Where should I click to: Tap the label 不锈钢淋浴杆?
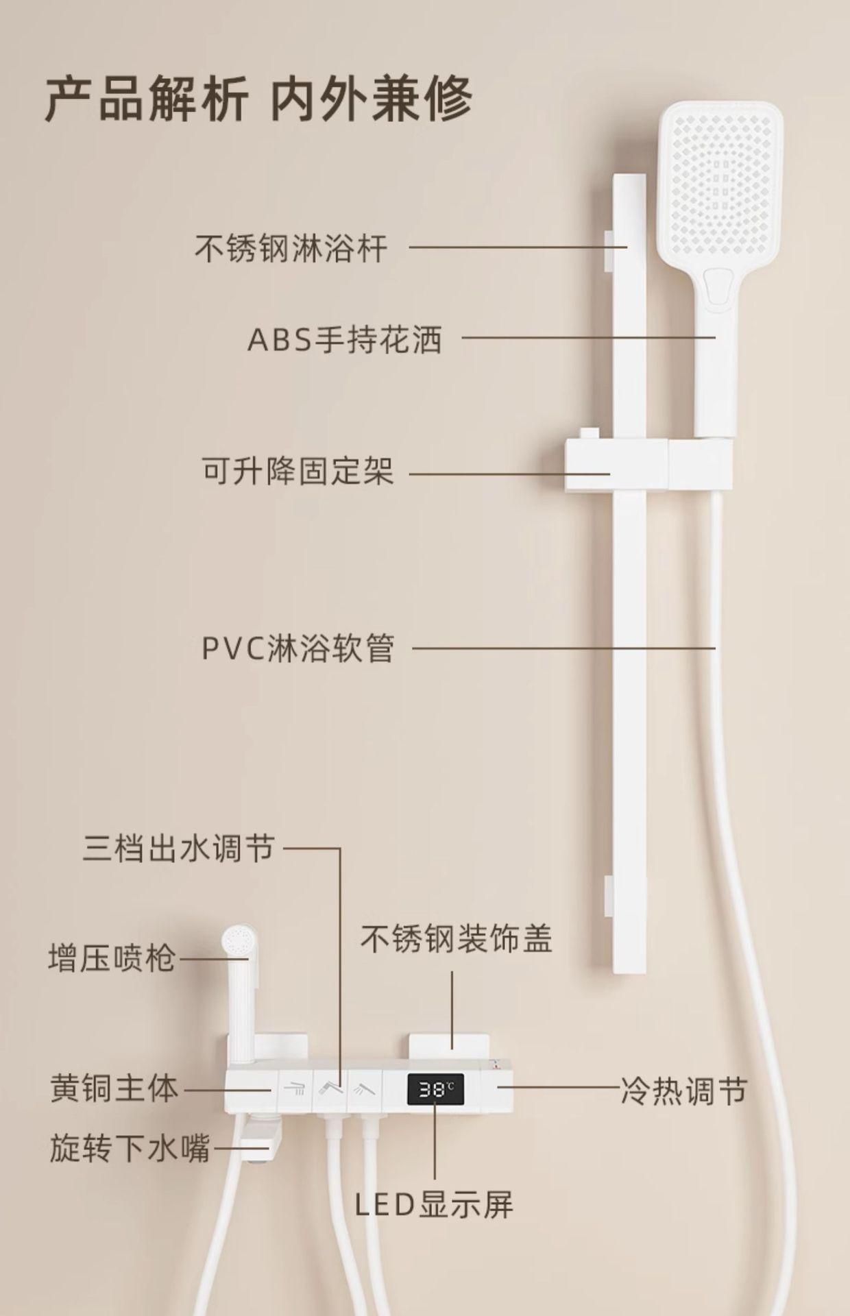tap(291, 248)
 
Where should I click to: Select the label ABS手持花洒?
tap(345, 339)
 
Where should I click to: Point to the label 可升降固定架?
tap(298, 472)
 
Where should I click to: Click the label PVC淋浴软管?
tap(298, 648)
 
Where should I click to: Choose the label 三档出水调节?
tap(179, 848)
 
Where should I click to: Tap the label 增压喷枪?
tap(112, 958)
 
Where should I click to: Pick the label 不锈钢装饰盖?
tap(457, 938)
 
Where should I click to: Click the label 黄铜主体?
tap(114, 1088)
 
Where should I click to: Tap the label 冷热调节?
tap(683, 1090)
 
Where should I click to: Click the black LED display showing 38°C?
tap(435, 1089)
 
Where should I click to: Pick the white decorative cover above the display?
tap(449, 1053)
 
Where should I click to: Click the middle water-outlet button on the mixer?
tap(329, 1088)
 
